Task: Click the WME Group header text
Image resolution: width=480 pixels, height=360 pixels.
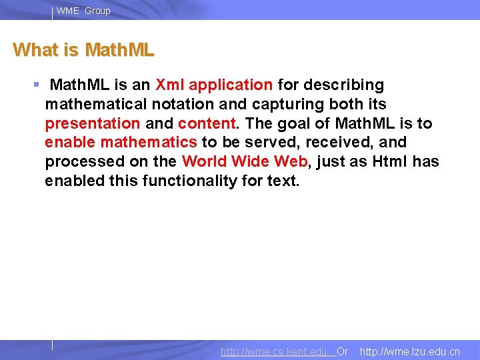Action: coord(83,11)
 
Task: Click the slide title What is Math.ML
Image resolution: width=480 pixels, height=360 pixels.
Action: coord(83,50)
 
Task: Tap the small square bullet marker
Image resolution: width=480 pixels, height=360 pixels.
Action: coord(37,85)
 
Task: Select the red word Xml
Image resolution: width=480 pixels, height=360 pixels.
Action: coord(170,85)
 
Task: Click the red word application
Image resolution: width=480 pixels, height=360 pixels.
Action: coord(231,85)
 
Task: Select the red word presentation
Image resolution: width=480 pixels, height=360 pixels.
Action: coord(92,124)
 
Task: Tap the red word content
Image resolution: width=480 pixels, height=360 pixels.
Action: coord(207,124)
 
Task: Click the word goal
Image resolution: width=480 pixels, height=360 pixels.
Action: coord(297,124)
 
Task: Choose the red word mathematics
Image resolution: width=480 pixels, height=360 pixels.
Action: coord(149,143)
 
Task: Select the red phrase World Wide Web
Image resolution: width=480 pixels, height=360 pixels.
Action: coord(245,162)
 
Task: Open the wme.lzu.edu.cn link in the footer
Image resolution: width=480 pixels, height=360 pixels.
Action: coord(409,351)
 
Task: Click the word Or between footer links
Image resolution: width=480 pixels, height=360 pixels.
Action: coord(342,351)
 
